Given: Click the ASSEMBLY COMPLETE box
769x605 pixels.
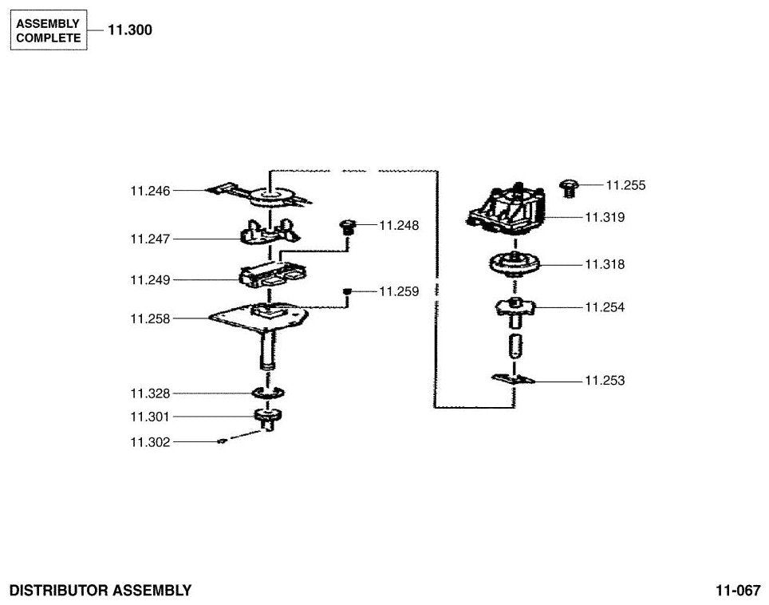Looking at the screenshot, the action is click(x=49, y=30).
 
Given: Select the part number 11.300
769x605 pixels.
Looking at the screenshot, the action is click(x=130, y=30).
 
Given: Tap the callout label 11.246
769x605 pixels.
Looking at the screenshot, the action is click(x=150, y=191).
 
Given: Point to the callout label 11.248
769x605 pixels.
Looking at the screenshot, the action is click(x=399, y=226).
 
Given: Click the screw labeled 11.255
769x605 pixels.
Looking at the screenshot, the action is click(x=569, y=188).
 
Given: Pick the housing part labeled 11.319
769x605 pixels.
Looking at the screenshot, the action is click(x=505, y=210).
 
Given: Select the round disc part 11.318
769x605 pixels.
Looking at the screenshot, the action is click(x=515, y=263).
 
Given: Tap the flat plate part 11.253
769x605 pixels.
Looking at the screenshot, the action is click(x=513, y=378).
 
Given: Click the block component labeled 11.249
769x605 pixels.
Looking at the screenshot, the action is click(x=272, y=275).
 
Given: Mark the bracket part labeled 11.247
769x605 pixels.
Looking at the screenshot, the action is click(x=270, y=231).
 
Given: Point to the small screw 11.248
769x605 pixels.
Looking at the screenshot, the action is click(x=347, y=227).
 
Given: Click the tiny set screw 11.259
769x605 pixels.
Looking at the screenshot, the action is click(x=347, y=291).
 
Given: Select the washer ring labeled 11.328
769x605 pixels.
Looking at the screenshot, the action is click(x=268, y=393).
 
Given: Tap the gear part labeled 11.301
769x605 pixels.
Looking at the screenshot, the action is click(x=268, y=418).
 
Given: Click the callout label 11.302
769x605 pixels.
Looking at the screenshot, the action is click(x=150, y=442).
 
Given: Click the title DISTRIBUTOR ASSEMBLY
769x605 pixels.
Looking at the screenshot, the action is click(x=101, y=591).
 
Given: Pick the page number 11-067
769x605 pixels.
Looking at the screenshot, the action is click(x=738, y=591).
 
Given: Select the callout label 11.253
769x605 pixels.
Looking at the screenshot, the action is click(x=605, y=381).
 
